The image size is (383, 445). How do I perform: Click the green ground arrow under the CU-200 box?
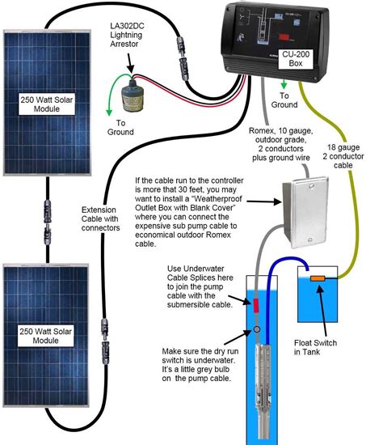tap(283, 85)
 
